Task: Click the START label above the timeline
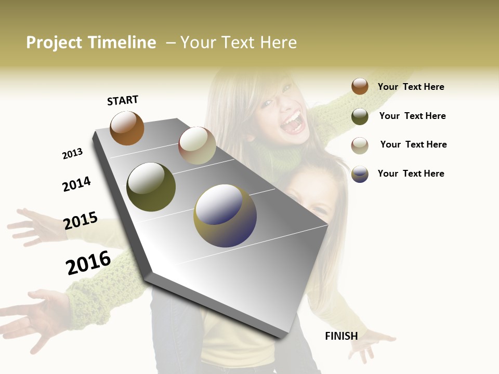pos(123,100)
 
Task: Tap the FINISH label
pos(341,336)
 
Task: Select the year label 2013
pos(72,154)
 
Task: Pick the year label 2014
pos(76,184)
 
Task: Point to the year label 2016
pos(88,263)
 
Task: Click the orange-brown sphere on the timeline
pos(127,128)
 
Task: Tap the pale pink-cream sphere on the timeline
pos(197,145)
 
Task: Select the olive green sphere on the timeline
pos(151,186)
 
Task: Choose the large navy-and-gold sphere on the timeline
pos(225,216)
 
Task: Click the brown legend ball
pos(360,86)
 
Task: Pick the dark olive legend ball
pos(360,116)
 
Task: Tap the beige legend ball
pos(360,145)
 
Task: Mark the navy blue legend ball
pos(360,174)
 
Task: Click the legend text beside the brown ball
pos(411,87)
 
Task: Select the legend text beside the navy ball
pos(411,173)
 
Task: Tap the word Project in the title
pos(54,43)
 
